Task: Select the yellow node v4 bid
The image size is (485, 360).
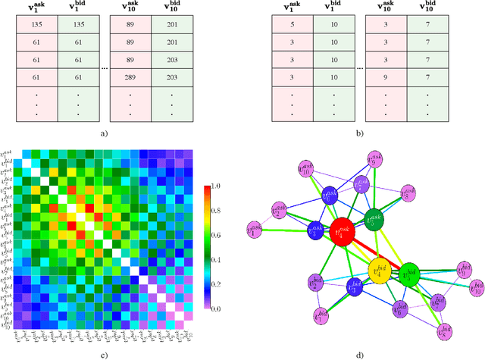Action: pos(380,271)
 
